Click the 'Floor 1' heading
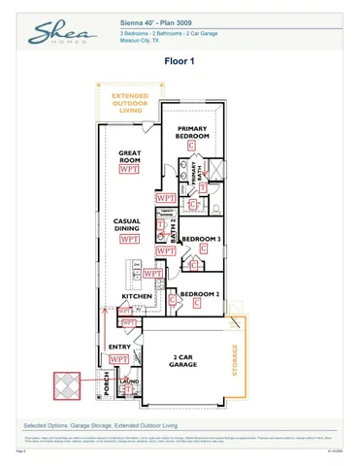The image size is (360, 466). (x=180, y=61)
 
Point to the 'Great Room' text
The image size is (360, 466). (x=130, y=156)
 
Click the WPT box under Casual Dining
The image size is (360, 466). (x=127, y=239)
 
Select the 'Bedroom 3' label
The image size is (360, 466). (x=202, y=238)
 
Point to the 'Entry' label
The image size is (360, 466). (x=119, y=347)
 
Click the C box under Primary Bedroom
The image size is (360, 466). (x=192, y=145)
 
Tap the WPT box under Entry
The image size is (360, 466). (x=119, y=359)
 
